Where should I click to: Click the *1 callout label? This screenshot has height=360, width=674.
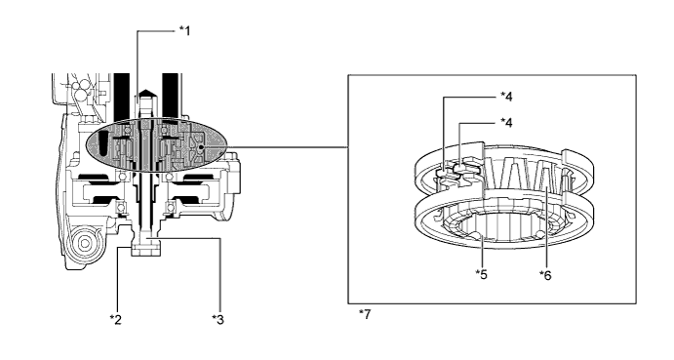click(184, 31)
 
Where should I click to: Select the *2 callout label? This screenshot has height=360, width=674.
click(116, 319)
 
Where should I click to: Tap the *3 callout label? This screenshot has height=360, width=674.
click(218, 319)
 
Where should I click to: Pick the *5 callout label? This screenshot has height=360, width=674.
click(482, 274)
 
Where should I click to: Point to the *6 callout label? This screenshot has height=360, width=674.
click(545, 275)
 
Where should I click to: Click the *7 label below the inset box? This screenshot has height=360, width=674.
click(365, 314)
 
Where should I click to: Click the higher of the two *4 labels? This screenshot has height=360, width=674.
click(506, 97)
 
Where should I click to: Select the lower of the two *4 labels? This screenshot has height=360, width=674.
click(506, 123)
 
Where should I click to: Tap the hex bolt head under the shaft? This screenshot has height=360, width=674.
click(146, 250)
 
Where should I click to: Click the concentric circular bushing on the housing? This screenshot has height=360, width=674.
click(85, 244)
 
